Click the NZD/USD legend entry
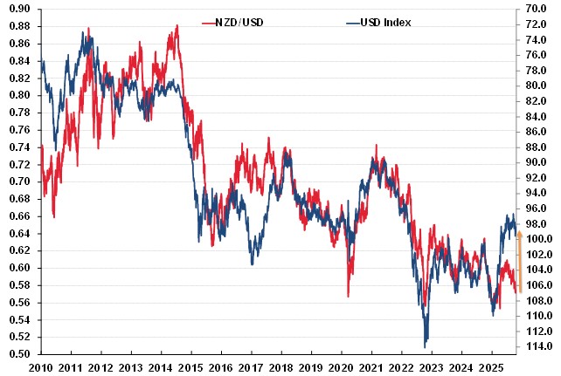pos(233,21)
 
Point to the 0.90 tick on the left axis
pos(19,9)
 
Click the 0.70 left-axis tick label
pos(19,181)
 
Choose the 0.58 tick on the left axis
pos(19,285)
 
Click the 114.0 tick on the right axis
pos(537,346)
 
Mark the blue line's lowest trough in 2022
pos(426,345)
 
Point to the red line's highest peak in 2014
pos(177,26)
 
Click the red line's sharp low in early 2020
pos(347,297)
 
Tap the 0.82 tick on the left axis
pos(19,78)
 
